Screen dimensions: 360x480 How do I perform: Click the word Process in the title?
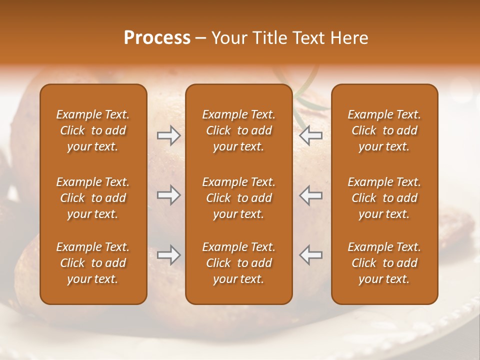[x=157, y=38]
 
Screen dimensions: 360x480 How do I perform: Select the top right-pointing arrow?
[x=168, y=135]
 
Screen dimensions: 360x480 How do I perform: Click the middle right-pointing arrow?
[x=168, y=195]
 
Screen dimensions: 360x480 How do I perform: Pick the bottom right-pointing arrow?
[x=168, y=255]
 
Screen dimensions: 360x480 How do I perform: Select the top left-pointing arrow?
[x=310, y=135]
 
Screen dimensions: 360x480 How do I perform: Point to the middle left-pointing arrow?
[x=310, y=195]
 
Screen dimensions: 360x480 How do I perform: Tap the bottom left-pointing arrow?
[x=310, y=255]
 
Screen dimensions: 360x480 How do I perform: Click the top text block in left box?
[x=93, y=130]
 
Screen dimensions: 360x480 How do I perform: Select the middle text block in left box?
[x=93, y=198]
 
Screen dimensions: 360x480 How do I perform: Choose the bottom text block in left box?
[x=93, y=263]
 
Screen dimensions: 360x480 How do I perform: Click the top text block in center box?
[x=238, y=130]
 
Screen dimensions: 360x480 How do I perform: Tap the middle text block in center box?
[x=238, y=198]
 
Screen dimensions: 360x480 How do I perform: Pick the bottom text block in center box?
[x=238, y=263]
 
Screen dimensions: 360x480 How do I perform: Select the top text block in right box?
[x=384, y=130]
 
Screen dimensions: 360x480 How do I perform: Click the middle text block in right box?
[x=384, y=198]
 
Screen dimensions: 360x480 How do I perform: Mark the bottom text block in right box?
[x=384, y=263]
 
